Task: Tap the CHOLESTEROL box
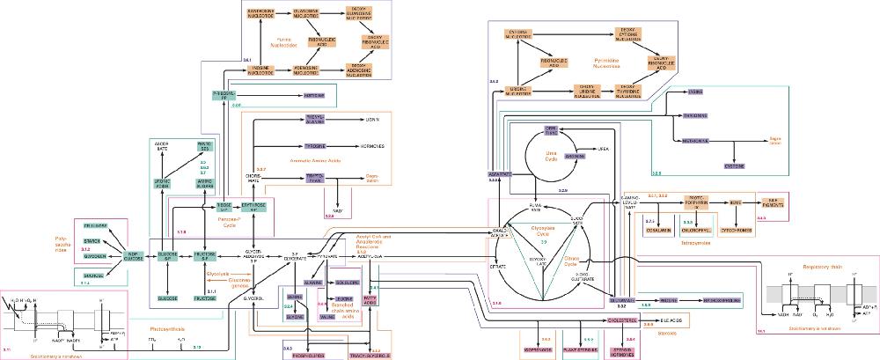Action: click(624, 320)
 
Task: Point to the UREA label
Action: click(604, 150)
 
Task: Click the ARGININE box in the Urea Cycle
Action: click(574, 156)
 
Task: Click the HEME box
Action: click(735, 203)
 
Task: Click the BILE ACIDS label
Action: click(672, 320)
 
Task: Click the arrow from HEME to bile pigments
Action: click(754, 203)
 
